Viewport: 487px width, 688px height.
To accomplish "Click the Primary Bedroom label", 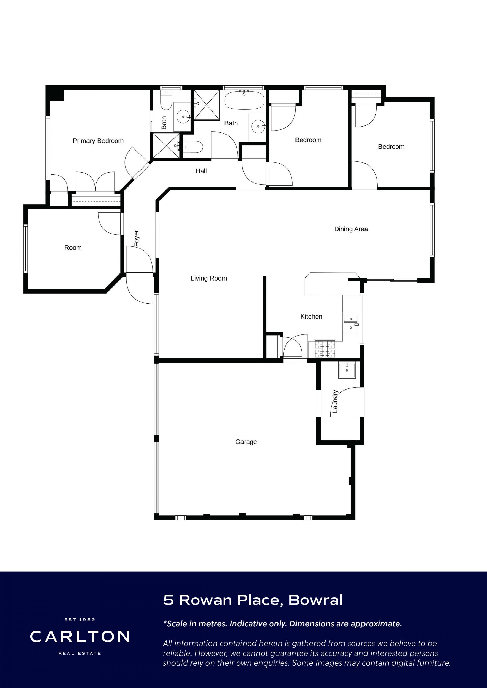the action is coord(98,141).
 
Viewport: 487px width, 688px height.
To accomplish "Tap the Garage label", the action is coord(246,442).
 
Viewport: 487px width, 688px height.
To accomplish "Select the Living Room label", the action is coord(209,278).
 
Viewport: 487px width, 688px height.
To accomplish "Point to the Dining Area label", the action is coord(351,229).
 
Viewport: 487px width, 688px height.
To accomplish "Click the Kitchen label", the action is coord(311,317).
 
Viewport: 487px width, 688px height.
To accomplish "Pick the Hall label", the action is coord(201,171).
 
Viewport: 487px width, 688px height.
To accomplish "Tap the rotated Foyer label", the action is coord(136,238).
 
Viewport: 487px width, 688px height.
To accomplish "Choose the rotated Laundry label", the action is coord(335,401).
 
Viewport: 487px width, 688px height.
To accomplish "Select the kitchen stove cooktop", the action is coord(324,349).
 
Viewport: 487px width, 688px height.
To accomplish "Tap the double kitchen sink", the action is coord(351,324).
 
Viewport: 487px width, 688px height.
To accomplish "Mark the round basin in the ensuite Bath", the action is coord(183,117).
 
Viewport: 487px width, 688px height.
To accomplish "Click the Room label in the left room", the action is coord(73,248).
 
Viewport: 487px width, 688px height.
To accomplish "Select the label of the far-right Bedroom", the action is coord(391,147).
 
